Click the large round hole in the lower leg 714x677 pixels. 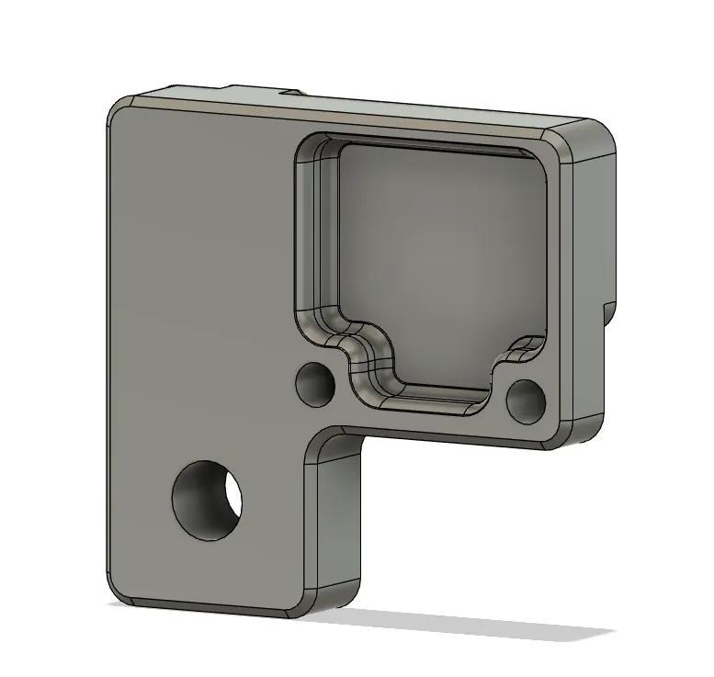coord(207,499)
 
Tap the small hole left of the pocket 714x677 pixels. coord(315,384)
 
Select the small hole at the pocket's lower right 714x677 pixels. coord(526,401)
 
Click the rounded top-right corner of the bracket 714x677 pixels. coord(597,133)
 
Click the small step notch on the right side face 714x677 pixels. coord(606,312)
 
